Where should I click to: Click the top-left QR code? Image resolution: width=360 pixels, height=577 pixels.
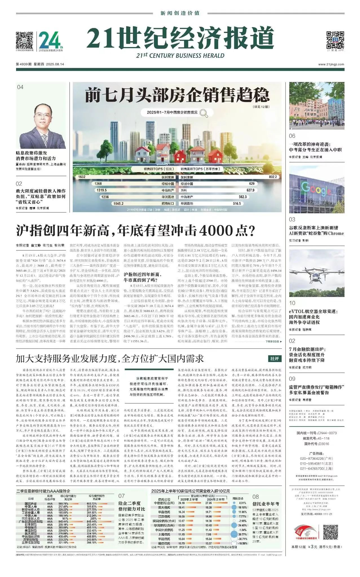24,41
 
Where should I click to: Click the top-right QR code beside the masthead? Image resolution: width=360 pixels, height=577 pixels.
335,40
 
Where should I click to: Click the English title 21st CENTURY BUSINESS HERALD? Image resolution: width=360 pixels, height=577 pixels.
180,56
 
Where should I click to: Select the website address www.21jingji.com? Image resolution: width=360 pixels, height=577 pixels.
331,64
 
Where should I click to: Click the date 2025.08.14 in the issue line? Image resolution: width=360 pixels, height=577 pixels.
55,64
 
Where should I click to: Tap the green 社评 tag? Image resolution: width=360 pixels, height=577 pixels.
274,359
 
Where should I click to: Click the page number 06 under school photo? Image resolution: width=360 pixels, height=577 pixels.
292,136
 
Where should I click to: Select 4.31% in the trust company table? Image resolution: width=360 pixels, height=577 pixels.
242,503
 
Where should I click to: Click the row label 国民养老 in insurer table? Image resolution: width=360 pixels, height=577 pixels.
31,503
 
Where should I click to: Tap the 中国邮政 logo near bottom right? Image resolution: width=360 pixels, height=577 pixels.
302,531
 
